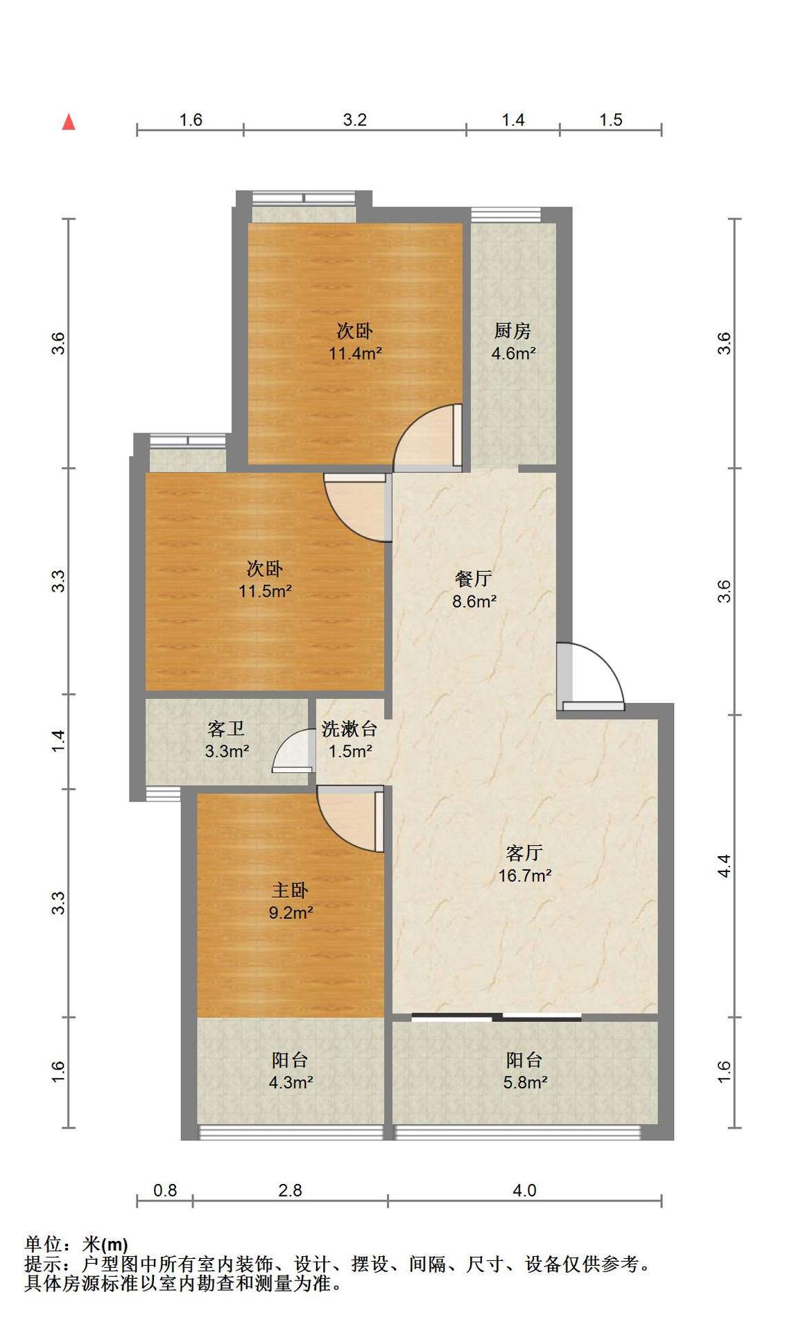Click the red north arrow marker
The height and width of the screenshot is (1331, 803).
pyautogui.click(x=69, y=122)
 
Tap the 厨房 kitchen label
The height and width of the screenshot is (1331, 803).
pyautogui.click(x=512, y=331)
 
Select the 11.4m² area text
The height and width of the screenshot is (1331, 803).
pyautogui.click(x=355, y=354)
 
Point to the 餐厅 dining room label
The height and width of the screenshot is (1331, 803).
pyautogui.click(x=474, y=578)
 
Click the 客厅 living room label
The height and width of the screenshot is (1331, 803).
pyautogui.click(x=524, y=853)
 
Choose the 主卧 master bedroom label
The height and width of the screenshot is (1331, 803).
pyautogui.click(x=290, y=890)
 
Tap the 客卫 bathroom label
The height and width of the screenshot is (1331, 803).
pyautogui.click(x=226, y=729)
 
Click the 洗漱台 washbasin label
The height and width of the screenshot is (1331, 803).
pyautogui.click(x=349, y=729)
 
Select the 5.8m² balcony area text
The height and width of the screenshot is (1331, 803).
pyautogui.click(x=525, y=1082)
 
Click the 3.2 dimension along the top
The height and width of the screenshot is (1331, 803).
pyautogui.click(x=354, y=120)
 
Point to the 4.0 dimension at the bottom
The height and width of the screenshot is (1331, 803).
pyautogui.click(x=524, y=1190)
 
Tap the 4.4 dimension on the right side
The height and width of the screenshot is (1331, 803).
pyautogui.click(x=724, y=866)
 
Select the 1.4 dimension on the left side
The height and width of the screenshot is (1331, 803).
pyautogui.click(x=59, y=741)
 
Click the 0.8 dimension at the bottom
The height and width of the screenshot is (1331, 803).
pyautogui.click(x=165, y=1190)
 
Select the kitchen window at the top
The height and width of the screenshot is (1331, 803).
pyautogui.click(x=506, y=215)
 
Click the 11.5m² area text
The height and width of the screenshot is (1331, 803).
pyautogui.click(x=266, y=592)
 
